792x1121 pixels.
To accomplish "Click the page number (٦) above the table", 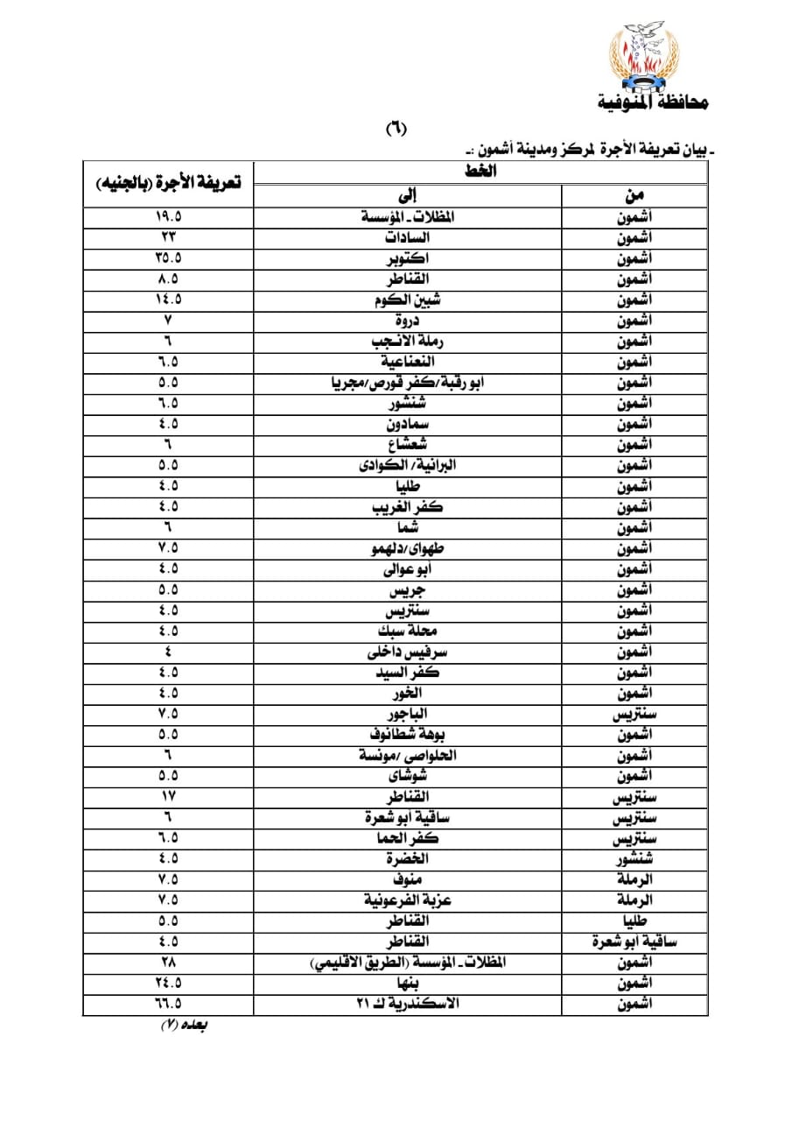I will tap(396, 129).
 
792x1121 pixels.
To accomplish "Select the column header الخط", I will tap(480, 172).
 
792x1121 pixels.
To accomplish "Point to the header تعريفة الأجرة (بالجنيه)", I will tap(168, 182).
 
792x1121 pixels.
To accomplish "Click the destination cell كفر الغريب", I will tap(407, 507).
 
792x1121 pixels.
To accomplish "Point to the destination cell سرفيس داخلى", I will tap(407, 652).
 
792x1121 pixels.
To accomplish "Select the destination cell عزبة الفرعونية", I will tap(407, 900).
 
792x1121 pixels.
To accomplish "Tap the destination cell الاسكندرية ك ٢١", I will tap(407, 1005).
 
